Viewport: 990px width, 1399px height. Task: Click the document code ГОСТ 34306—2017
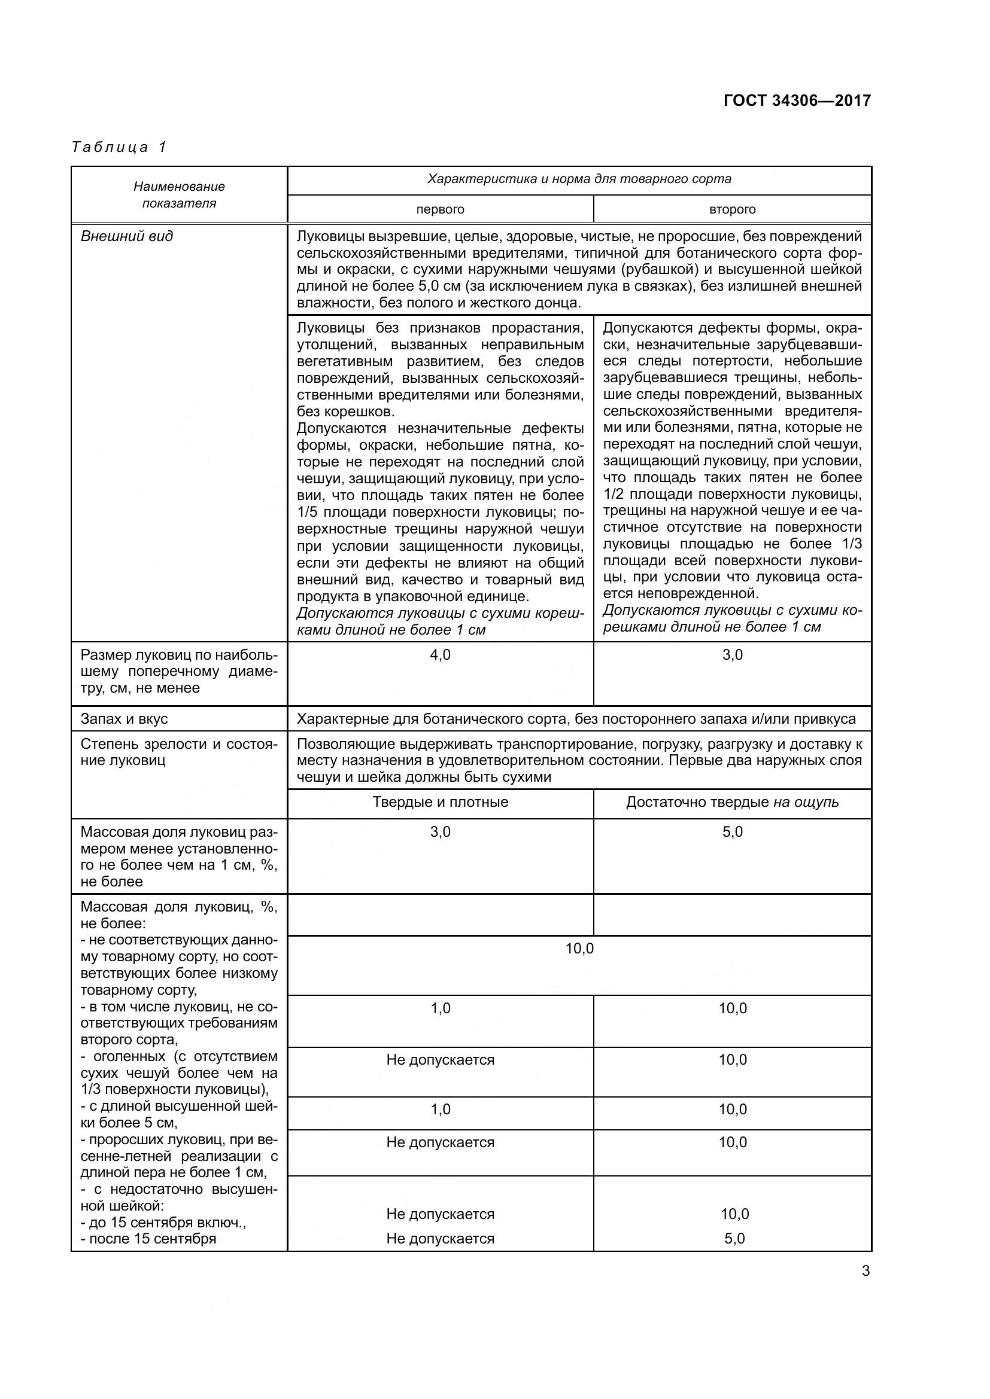[797, 100]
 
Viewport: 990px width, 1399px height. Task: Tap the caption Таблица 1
[119, 147]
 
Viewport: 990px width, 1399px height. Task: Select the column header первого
[440, 209]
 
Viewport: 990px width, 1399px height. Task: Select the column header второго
[732, 209]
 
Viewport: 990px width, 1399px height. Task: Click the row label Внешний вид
[127, 236]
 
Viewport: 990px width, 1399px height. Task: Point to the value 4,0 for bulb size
[440, 655]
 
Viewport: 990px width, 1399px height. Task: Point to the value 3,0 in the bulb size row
[732, 655]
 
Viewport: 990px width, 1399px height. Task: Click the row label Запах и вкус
[124, 719]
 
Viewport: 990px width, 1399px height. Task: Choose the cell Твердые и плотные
[440, 802]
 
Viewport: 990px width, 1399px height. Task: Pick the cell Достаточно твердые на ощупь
[732, 802]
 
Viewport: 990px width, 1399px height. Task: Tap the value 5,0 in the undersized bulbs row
[732, 832]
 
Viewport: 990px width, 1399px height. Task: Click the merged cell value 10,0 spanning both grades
[579, 949]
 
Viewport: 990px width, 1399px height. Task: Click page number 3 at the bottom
[866, 1271]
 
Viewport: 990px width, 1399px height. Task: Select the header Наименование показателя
[179, 194]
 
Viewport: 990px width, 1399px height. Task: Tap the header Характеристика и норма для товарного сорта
[579, 179]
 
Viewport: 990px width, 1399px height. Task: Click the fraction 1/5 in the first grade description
[309, 513]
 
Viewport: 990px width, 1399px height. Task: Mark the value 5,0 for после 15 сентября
[734, 1239]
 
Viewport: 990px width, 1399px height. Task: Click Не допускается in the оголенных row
[440, 1060]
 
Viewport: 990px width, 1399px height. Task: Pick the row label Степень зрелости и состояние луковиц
[178, 752]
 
